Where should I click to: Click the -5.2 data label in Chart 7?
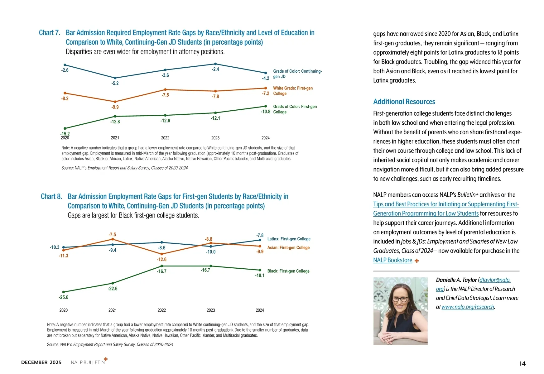click(115, 84)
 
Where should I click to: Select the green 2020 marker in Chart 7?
click(65, 128)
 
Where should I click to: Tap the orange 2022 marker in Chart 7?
click(165, 89)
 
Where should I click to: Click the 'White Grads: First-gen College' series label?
click(293, 91)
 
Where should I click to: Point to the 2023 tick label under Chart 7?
click(215, 138)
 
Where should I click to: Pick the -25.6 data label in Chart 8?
click(63, 297)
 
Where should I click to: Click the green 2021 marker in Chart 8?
click(113, 283)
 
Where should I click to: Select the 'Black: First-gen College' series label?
click(288, 271)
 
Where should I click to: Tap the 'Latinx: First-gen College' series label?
click(289, 239)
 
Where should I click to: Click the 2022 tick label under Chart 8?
click(161, 310)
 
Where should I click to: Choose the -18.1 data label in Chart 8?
click(260, 276)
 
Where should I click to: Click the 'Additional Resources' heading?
click(404, 102)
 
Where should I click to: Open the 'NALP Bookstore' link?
click(393, 260)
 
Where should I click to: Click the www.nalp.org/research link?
click(468, 307)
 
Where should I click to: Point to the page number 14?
click(522, 363)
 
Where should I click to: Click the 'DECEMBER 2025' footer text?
click(41, 362)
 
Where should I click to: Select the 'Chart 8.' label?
click(51, 196)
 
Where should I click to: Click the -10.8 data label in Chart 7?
click(266, 112)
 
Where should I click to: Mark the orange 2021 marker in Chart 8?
click(113, 239)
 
